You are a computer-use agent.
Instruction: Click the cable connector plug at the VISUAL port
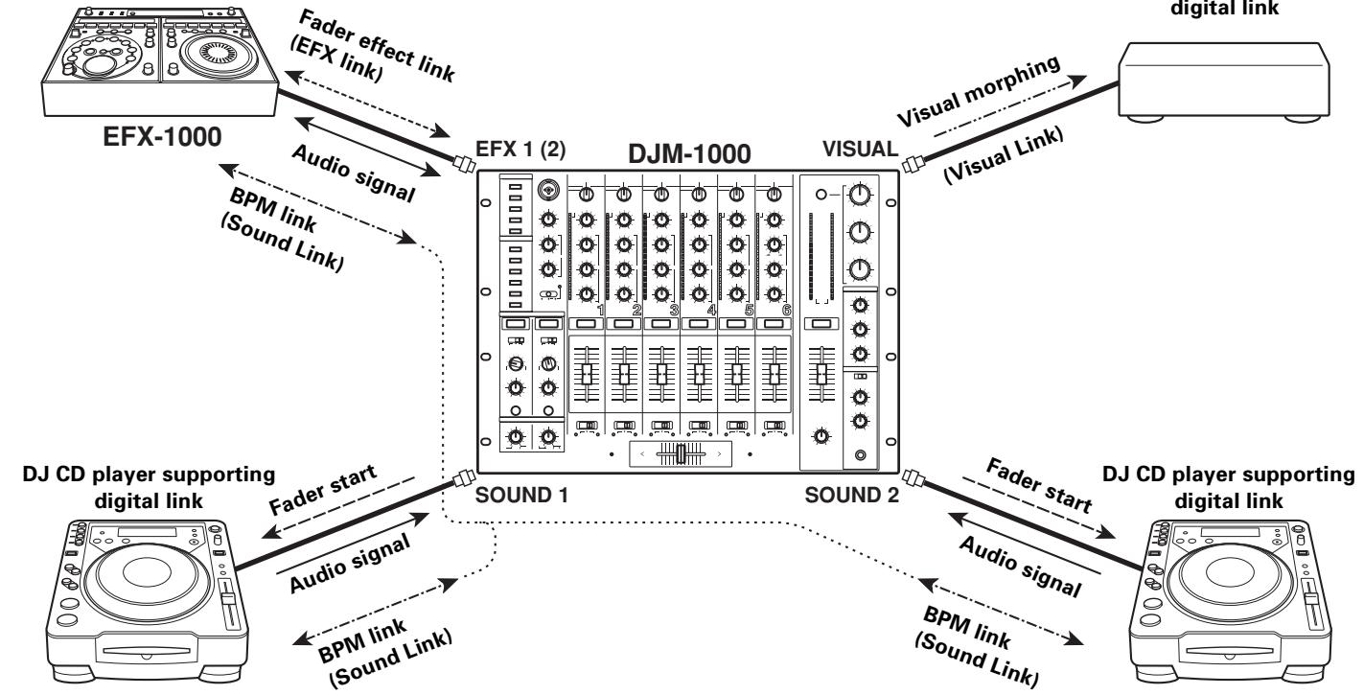[912, 163]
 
